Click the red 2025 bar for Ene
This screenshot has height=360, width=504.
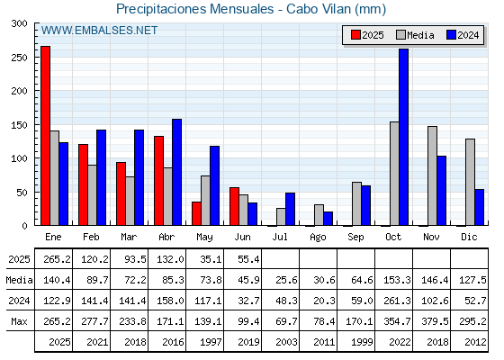[x=45, y=136]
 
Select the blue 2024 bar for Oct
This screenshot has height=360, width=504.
[x=404, y=137]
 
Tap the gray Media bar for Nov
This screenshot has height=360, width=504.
[x=432, y=175]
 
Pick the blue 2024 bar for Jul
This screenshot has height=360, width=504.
[x=290, y=209]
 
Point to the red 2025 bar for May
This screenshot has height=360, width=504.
[x=196, y=213]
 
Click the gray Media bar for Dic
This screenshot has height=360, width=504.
[x=470, y=182]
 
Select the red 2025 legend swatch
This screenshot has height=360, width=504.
[x=355, y=35]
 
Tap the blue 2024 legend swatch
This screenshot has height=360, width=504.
[x=451, y=35]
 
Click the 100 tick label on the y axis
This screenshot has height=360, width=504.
[x=19, y=158]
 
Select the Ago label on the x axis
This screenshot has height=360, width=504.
[x=318, y=238]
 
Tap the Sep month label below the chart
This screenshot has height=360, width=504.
[x=355, y=238]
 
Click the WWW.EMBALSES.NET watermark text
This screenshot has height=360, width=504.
[x=99, y=31]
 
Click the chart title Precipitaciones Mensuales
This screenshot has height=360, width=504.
[x=194, y=9]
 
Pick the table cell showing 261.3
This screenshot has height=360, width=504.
[x=397, y=301]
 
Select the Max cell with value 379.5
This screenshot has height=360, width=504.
[x=435, y=321]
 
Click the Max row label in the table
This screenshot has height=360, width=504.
[x=19, y=321]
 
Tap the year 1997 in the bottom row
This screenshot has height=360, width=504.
[x=211, y=342]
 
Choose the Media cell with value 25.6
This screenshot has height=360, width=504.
[x=286, y=280]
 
